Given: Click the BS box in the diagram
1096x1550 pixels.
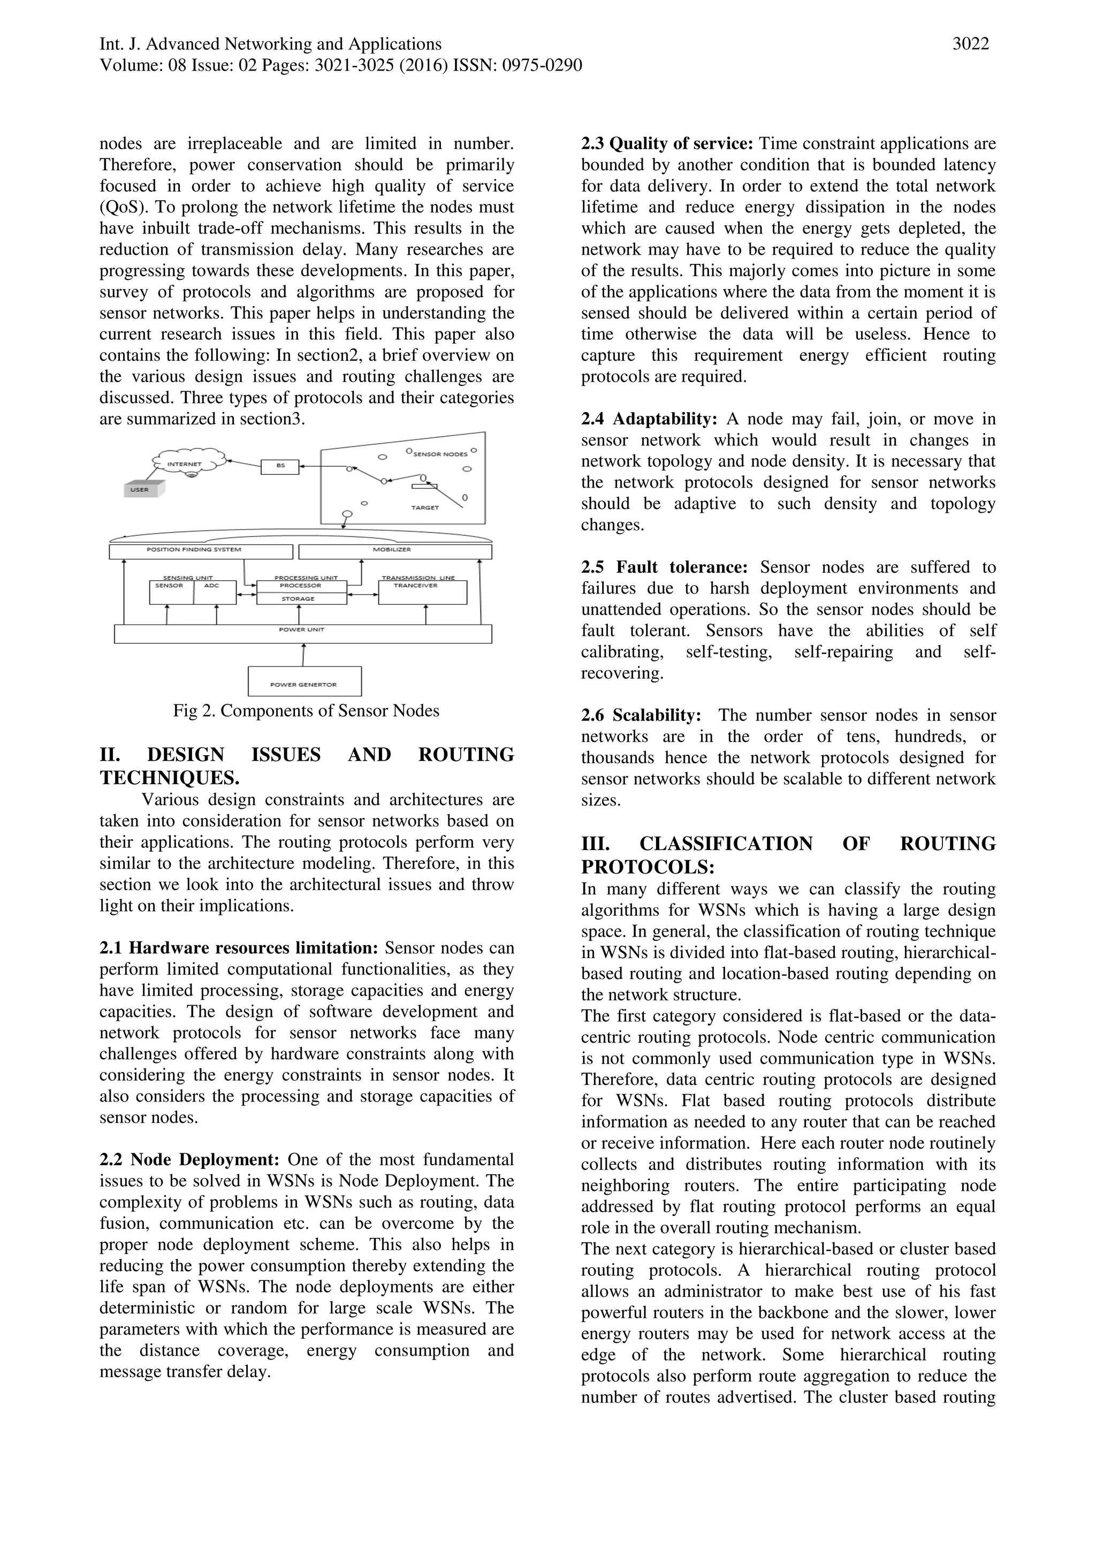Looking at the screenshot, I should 279,466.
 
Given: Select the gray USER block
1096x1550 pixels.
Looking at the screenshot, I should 143,489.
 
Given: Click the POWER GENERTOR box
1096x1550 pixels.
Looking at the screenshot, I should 305,681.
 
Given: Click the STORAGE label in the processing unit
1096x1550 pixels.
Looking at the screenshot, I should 298,599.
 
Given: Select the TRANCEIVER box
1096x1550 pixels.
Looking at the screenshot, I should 422,592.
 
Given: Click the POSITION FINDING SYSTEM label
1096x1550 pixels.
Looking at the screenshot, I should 194,550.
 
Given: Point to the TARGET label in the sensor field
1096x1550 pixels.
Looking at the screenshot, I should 425,507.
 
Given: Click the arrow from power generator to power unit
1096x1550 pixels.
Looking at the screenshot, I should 303,655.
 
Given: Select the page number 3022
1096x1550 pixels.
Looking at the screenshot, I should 970,44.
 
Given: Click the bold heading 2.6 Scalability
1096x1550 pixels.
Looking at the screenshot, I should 641,715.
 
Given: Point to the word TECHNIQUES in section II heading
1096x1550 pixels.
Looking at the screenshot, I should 170,778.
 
